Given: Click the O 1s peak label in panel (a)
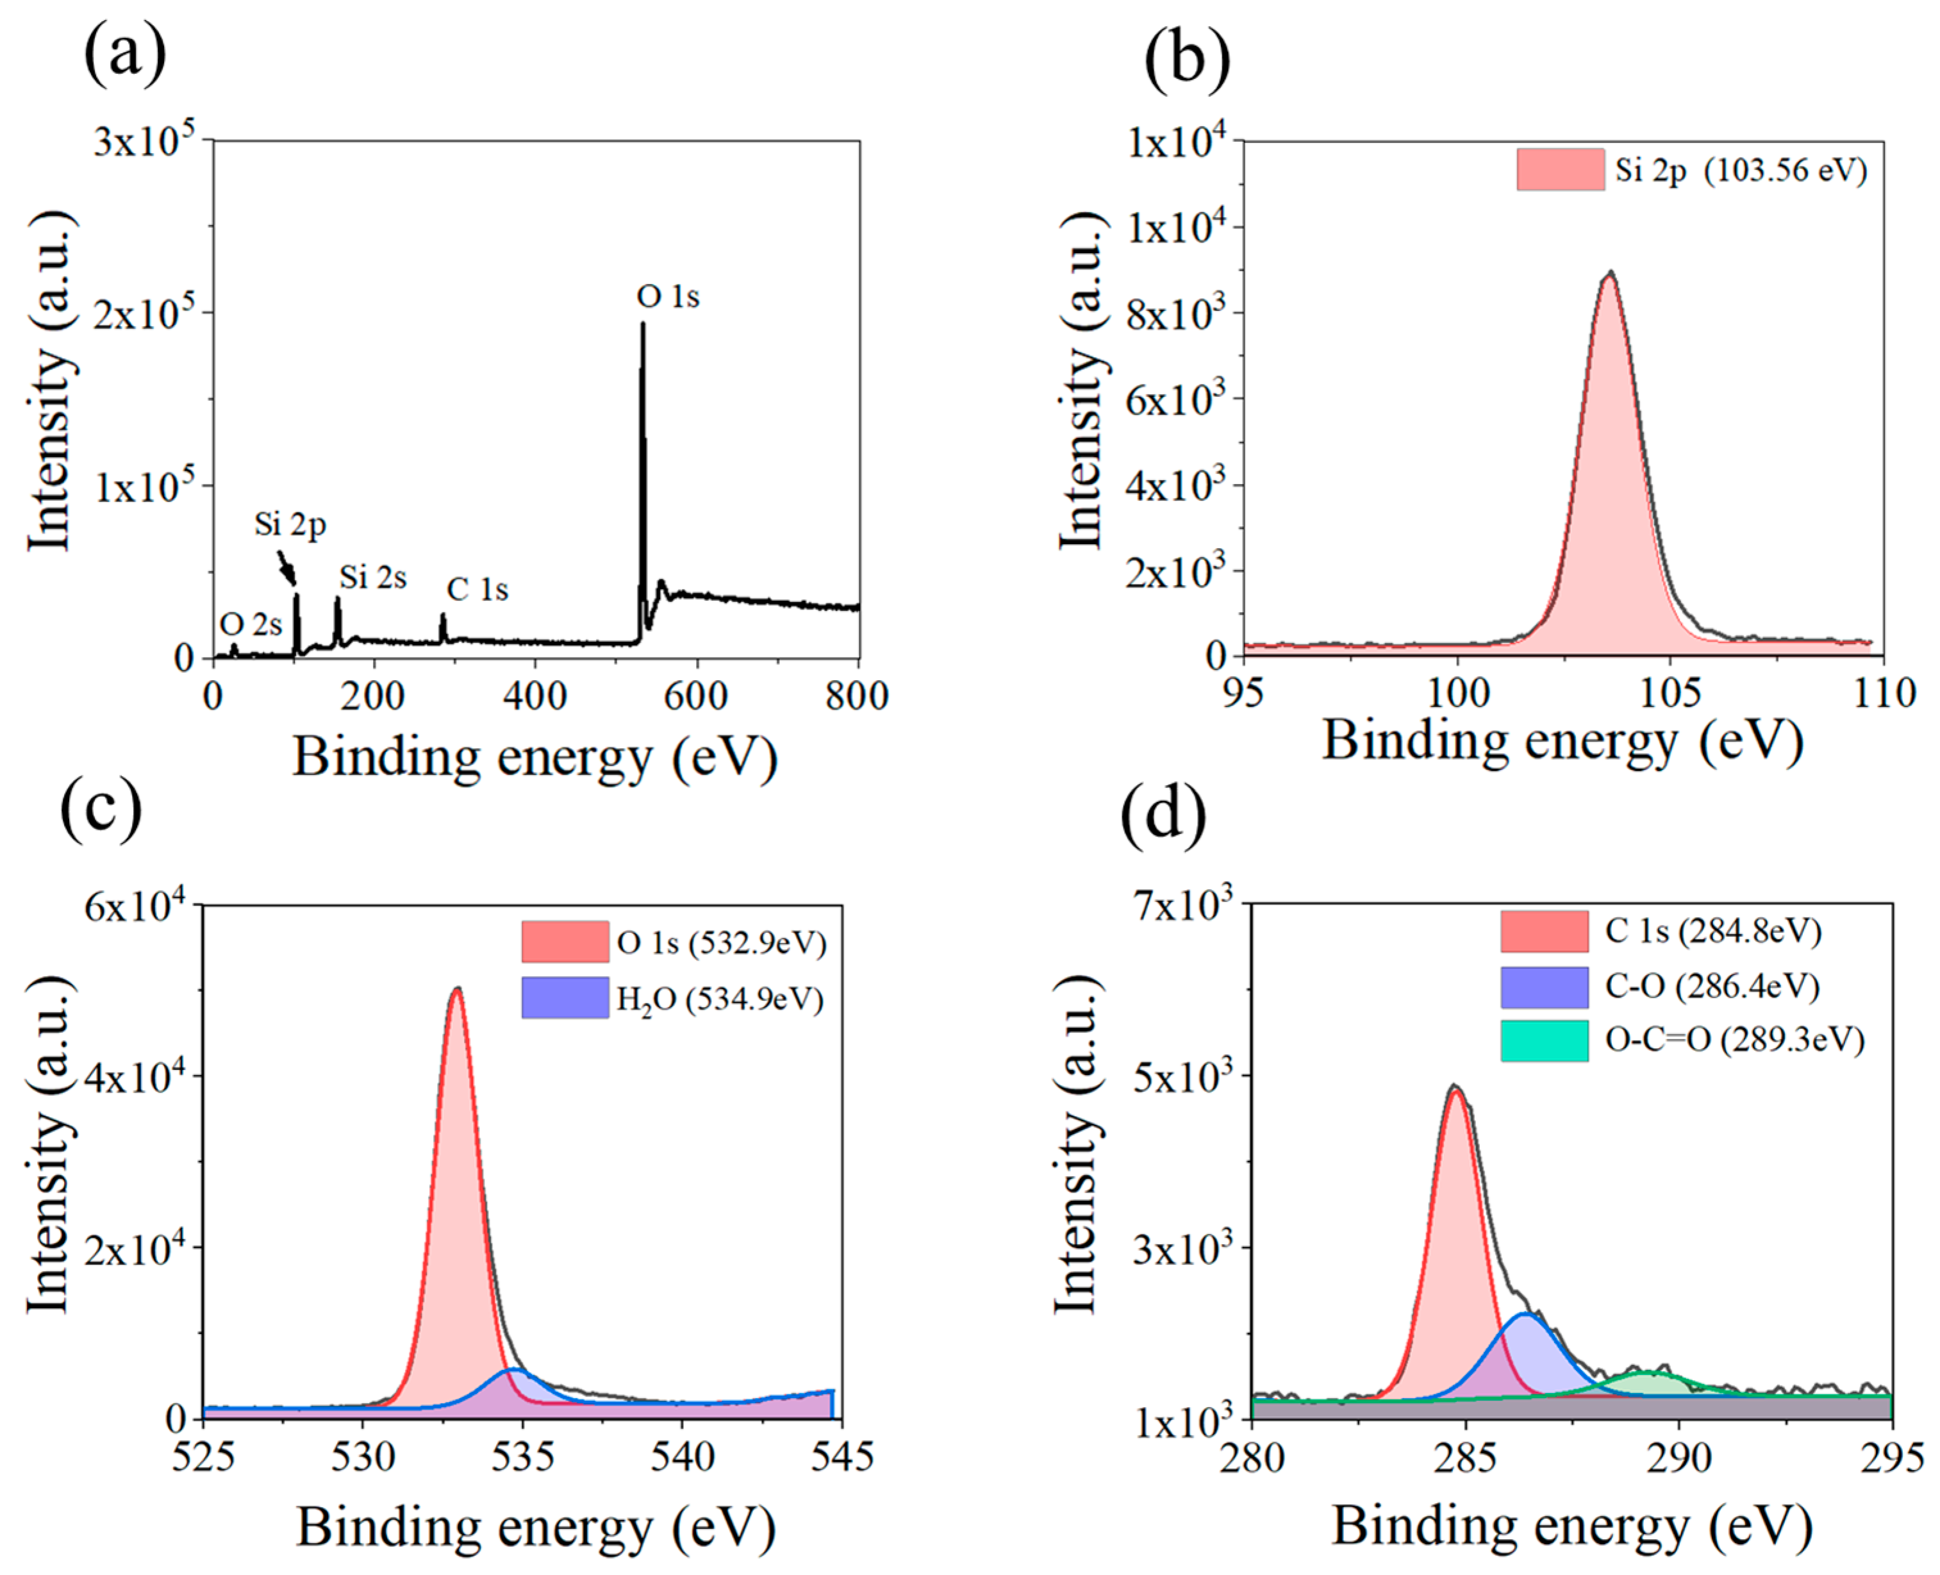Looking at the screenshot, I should (668, 297).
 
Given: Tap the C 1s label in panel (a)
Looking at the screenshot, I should (477, 590).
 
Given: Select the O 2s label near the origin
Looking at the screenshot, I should (251, 624).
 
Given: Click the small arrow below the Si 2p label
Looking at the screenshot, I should (286, 568).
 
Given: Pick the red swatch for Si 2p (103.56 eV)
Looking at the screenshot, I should (1560, 170).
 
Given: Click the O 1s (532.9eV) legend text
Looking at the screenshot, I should (721, 943).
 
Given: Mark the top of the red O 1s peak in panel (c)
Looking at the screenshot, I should (457, 990).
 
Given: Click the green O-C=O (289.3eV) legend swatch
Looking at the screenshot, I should (1544, 1040).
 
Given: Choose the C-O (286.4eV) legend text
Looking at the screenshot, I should (1711, 986).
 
